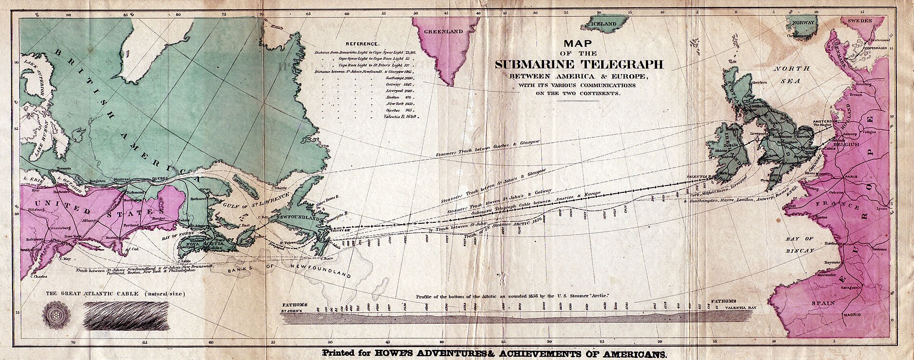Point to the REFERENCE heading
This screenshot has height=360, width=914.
tap(363, 43)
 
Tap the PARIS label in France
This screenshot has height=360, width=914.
tap(851, 176)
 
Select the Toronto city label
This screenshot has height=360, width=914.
tap(63, 169)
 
